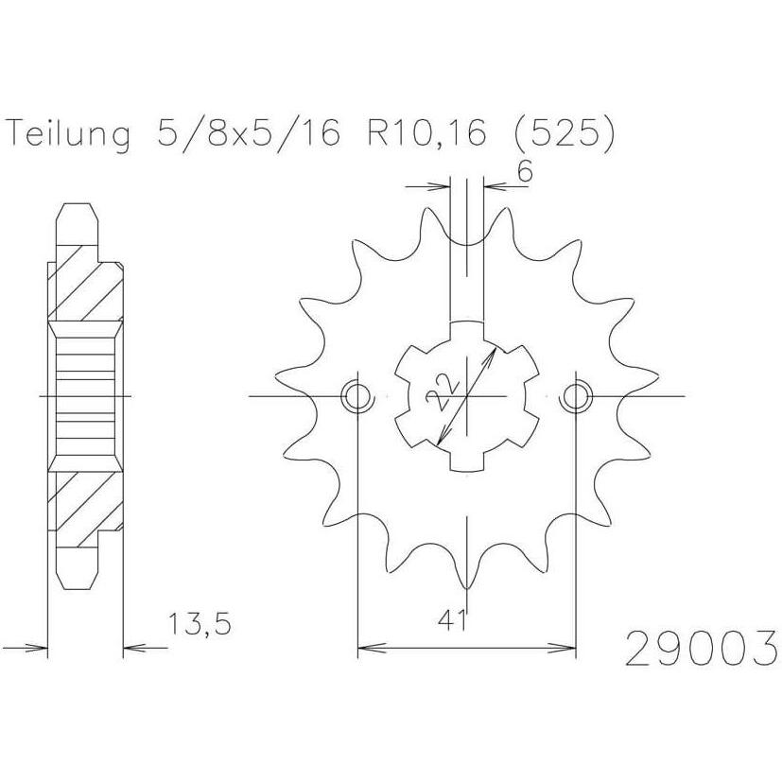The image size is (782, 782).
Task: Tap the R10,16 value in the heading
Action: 426,133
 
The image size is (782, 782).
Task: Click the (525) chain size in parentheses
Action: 564,133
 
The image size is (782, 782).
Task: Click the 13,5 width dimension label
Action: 200,624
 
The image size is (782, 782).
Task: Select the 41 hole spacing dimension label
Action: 452,621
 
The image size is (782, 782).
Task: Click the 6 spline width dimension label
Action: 525,172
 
